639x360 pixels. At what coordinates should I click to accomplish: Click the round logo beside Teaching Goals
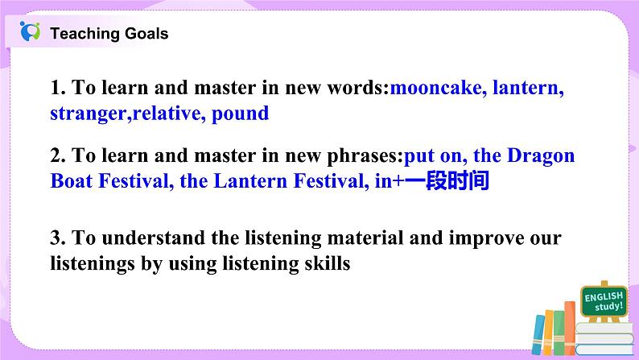coord(31,32)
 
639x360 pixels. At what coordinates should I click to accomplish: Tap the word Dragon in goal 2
coord(539,155)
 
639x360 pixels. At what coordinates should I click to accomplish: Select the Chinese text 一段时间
coord(446,181)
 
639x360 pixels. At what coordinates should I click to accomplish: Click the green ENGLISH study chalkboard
coord(603,303)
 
